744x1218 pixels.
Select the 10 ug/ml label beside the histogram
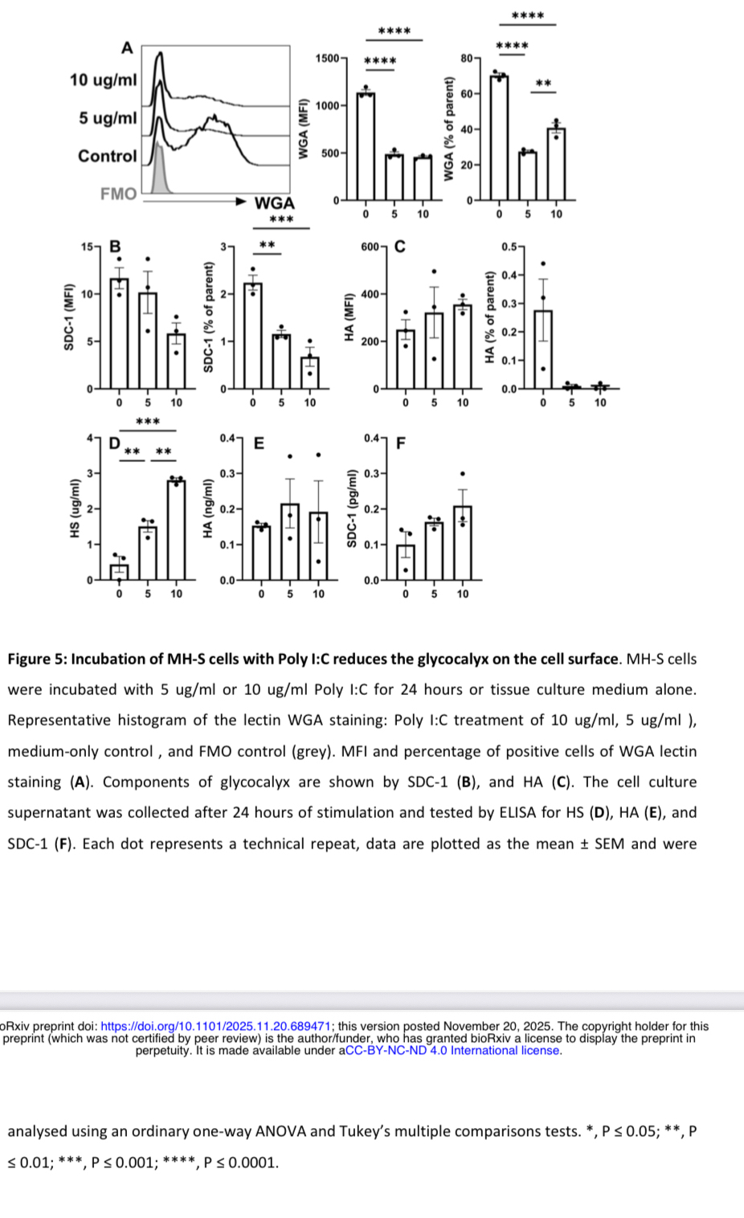pyautogui.click(x=103, y=80)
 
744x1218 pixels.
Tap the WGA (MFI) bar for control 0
pyautogui.click(x=366, y=146)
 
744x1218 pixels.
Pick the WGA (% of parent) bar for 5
pyautogui.click(x=528, y=175)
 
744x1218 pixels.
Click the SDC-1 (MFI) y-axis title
pyautogui.click(x=69, y=317)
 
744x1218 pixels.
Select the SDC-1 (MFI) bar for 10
pyautogui.click(x=176, y=362)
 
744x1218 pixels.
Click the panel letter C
pyautogui.click(x=399, y=247)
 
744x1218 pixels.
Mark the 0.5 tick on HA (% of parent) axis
pyautogui.click(x=509, y=247)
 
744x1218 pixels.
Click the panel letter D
pyautogui.click(x=114, y=443)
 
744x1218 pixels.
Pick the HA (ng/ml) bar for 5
pyautogui.click(x=290, y=542)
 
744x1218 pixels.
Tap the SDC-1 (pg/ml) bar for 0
pyautogui.click(x=406, y=562)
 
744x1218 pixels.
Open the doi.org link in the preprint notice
pyautogui.click(x=216, y=1026)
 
